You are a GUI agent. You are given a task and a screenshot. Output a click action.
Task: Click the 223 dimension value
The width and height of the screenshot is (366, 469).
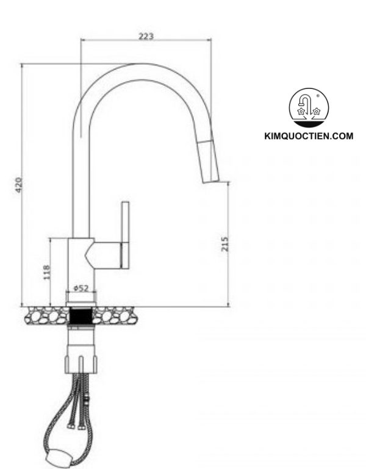click(x=146, y=36)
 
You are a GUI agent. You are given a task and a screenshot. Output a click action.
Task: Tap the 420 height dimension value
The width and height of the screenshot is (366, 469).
click(x=18, y=185)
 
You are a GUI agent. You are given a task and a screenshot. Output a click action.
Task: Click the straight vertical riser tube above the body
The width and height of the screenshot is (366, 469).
click(x=81, y=183)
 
